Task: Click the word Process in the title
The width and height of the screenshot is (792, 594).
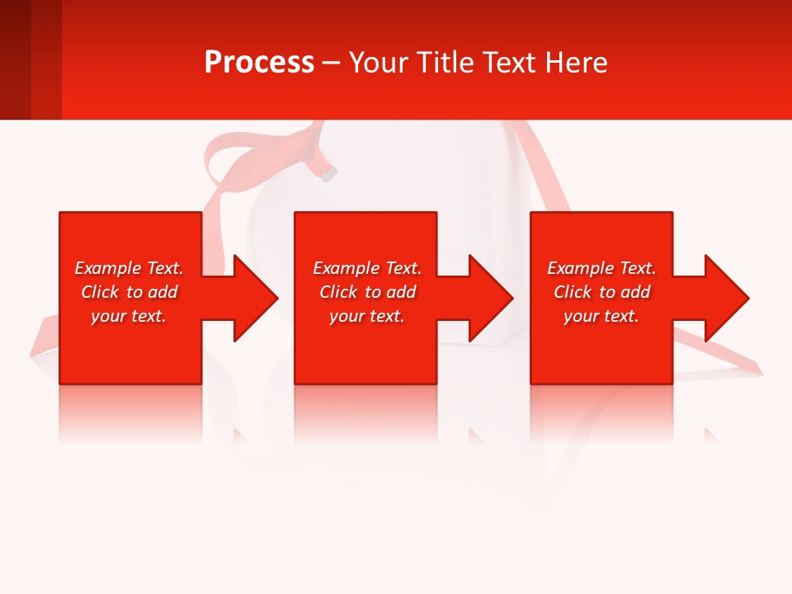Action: [259, 63]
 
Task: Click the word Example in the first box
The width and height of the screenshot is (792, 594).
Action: [108, 268]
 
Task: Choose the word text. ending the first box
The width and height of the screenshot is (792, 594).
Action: [148, 316]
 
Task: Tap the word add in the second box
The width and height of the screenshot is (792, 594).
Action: [401, 292]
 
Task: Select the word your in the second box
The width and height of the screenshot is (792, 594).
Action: [346, 316]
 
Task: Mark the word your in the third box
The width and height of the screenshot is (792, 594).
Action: [581, 316]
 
